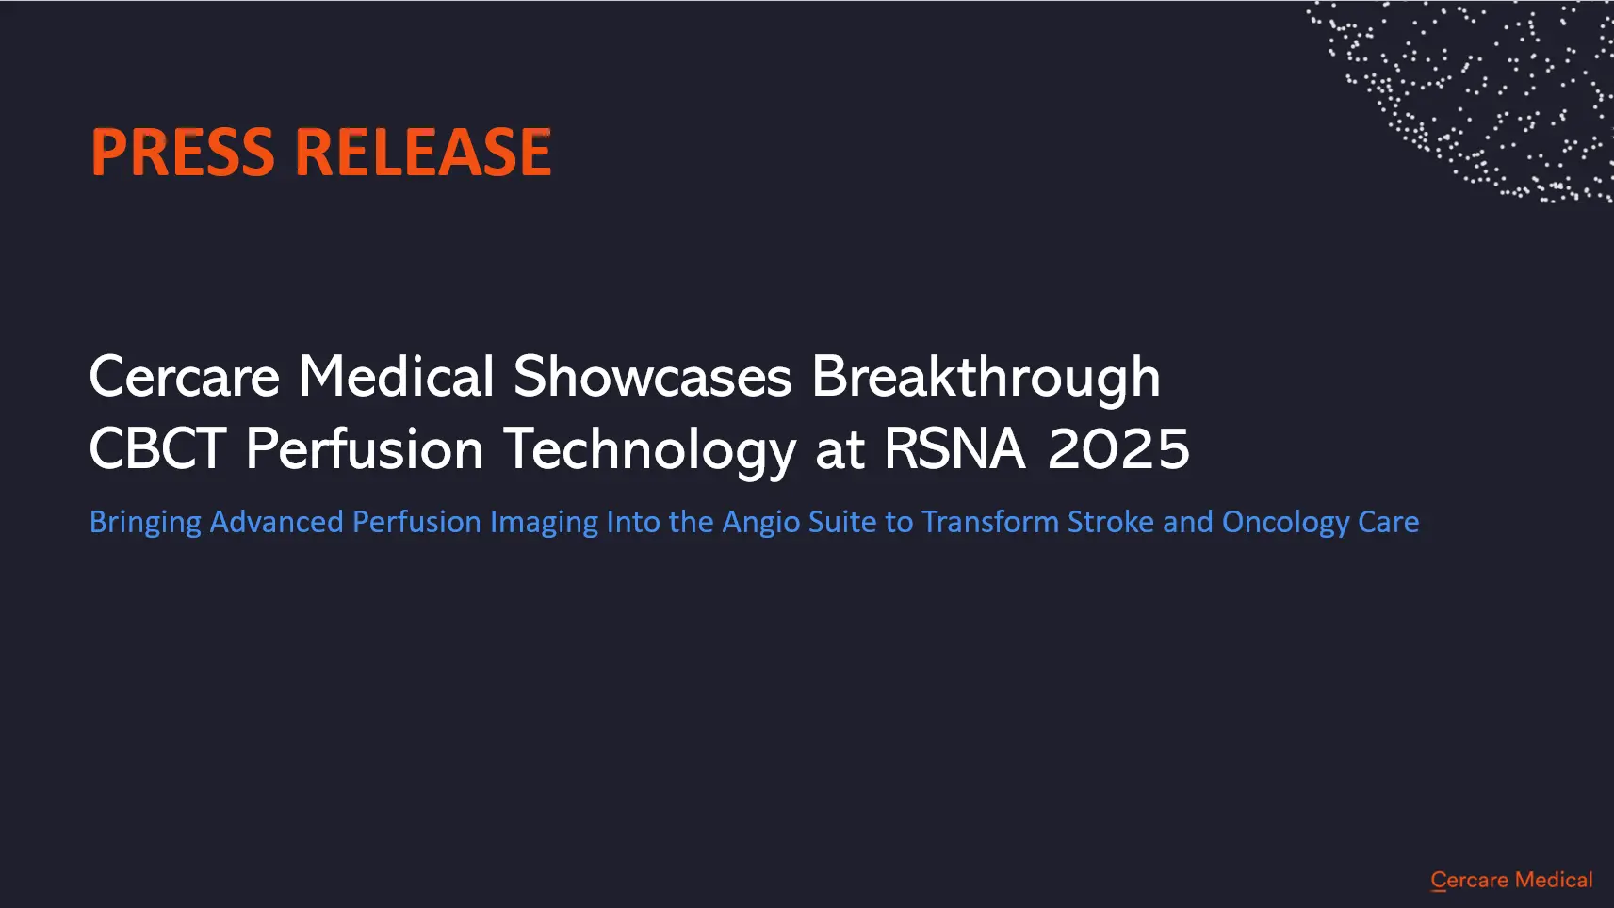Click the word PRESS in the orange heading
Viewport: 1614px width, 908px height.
coord(183,152)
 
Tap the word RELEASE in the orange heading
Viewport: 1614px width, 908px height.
coord(424,152)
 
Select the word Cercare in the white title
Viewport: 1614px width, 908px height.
coord(185,377)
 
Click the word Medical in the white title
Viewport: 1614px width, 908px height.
coord(397,376)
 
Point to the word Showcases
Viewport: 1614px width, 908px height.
coord(653,376)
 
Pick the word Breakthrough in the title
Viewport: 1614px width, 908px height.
coord(986,378)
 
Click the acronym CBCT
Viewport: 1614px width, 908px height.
coord(157,448)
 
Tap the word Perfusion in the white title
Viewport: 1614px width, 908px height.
coord(365,448)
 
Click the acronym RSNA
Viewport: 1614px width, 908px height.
coord(954,448)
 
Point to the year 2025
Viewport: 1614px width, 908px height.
coord(1118,448)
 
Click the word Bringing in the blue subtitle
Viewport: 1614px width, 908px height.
coord(145,524)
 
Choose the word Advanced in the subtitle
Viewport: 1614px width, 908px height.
coord(277,522)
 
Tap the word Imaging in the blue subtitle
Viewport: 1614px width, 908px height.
coord(544,524)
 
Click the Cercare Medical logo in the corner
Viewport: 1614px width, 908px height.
coord(1511,880)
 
